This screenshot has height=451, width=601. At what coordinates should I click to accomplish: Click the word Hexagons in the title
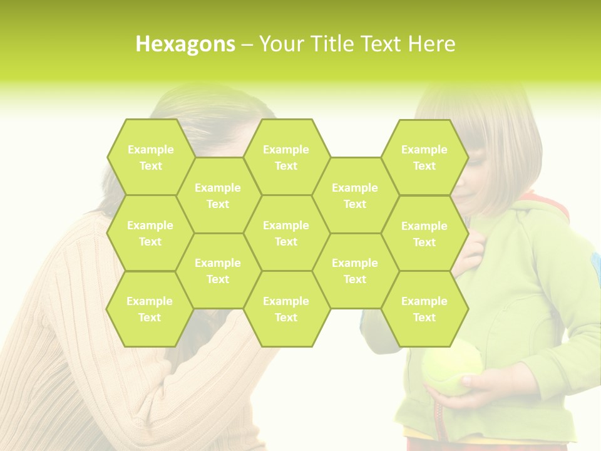point(185,44)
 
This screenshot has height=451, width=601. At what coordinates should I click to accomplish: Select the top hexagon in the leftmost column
point(150,157)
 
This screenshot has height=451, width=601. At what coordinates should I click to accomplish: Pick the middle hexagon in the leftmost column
point(150,233)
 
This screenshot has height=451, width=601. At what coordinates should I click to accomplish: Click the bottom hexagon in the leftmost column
point(150,309)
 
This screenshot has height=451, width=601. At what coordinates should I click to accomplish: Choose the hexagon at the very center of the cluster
point(286,233)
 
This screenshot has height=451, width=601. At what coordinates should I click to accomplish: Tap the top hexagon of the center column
point(286,157)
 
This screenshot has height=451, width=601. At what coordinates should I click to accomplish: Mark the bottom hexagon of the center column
point(286,309)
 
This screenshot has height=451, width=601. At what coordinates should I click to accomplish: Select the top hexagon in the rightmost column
point(424,157)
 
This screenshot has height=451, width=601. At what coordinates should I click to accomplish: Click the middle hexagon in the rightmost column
point(424,234)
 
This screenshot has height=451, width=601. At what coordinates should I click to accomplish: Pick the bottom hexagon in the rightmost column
point(424,309)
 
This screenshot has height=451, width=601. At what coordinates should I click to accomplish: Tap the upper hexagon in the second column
point(218,195)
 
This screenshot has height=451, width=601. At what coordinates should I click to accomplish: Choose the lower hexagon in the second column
point(218,271)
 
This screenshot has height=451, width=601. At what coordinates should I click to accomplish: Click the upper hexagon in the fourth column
point(355,195)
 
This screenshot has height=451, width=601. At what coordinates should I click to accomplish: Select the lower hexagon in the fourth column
point(355,271)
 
